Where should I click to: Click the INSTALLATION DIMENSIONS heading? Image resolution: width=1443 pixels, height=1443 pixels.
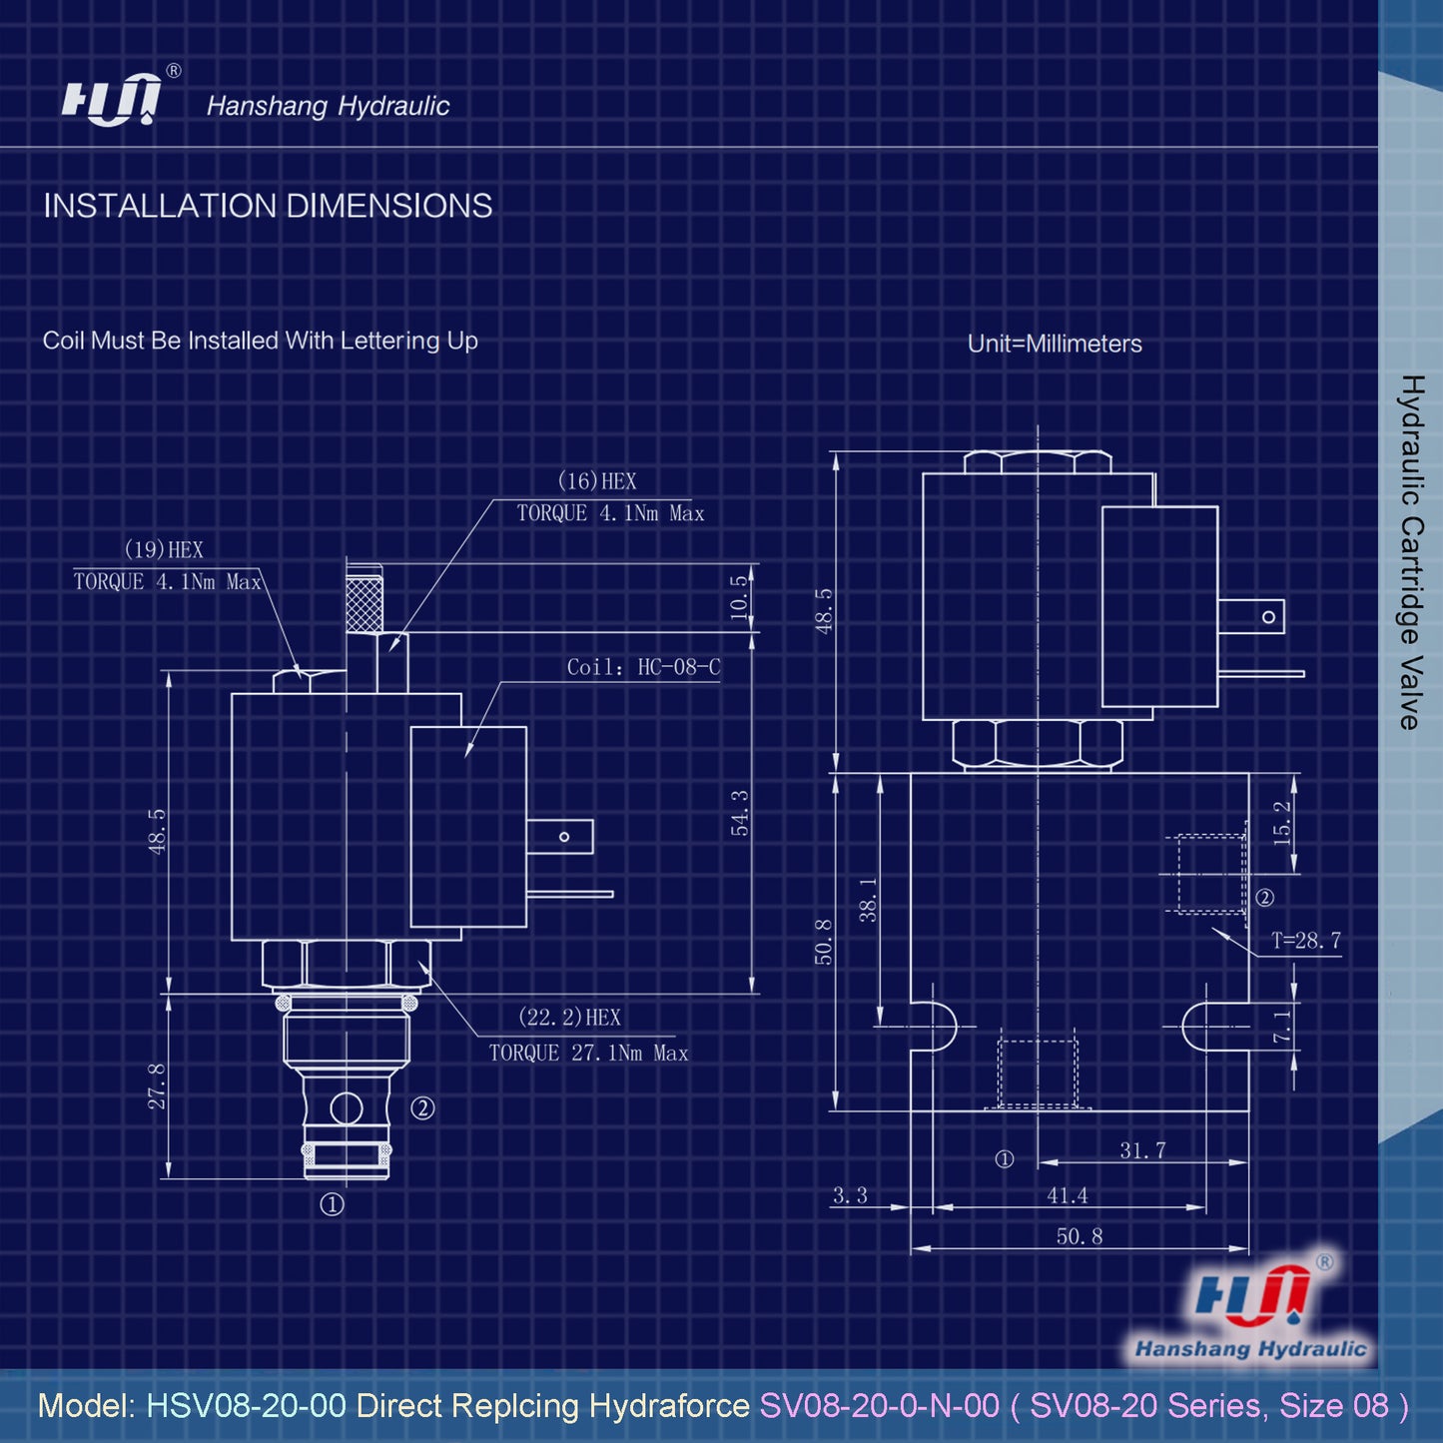click(x=268, y=206)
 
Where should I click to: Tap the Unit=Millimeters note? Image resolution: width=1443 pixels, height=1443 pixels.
click(x=1055, y=344)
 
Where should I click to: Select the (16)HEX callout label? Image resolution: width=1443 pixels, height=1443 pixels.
click(x=597, y=481)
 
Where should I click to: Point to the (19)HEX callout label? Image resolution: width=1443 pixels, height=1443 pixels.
click(x=164, y=550)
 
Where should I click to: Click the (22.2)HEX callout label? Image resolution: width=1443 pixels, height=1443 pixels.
click(x=569, y=1018)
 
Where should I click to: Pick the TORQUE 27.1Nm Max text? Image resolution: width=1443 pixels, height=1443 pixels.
click(x=588, y=1054)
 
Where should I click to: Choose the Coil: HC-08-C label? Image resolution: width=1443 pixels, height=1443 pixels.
click(x=643, y=667)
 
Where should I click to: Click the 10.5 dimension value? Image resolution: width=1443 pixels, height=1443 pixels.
click(x=739, y=596)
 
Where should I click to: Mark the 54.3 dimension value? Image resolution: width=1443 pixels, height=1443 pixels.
click(x=740, y=812)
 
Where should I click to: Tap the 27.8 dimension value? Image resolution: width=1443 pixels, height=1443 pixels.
click(x=158, y=1086)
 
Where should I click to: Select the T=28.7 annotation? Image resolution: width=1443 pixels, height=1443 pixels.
click(x=1305, y=941)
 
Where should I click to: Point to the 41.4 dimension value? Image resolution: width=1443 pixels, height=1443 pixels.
click(x=1067, y=1195)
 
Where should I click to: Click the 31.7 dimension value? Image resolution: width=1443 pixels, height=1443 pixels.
click(x=1142, y=1150)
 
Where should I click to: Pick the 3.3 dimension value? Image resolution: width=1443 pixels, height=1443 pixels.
click(x=850, y=1195)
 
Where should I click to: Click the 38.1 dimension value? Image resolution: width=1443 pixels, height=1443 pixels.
click(x=869, y=899)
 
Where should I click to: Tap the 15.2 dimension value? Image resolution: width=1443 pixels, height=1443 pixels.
click(x=1283, y=822)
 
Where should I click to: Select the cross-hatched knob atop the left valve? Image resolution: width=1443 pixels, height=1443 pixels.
click(x=363, y=598)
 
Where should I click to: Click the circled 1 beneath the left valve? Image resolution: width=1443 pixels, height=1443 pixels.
click(x=332, y=1205)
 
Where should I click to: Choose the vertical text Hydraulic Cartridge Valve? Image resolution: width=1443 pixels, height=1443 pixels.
click(x=1410, y=552)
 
